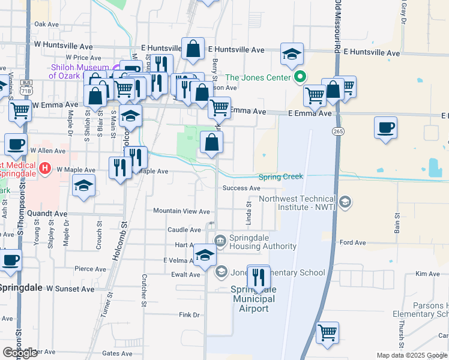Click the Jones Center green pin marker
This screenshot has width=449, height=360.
pyautogui.click(x=300, y=77)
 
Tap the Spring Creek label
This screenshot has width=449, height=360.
pyautogui.click(x=280, y=177)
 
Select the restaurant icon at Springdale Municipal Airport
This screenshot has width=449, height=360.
pyautogui.click(x=259, y=277)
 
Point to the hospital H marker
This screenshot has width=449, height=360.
pyautogui.click(x=45, y=170)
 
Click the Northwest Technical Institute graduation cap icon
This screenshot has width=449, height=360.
pyautogui.click(x=345, y=202)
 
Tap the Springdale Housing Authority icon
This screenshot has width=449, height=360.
pyautogui.click(x=220, y=241)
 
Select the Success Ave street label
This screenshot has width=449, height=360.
pyautogui.click(x=241, y=188)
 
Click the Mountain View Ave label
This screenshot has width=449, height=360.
pyautogui.click(x=181, y=211)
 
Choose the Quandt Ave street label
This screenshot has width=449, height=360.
pyautogui.click(x=47, y=213)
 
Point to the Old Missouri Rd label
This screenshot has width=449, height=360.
pyautogui.click(x=337, y=27)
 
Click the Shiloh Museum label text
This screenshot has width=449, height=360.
pyautogui.click(x=79, y=71)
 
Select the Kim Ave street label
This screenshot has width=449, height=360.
pyautogui.click(x=427, y=274)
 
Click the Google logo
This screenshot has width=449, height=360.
pyautogui.click(x=20, y=353)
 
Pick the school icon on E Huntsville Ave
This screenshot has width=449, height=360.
pyautogui.click(x=292, y=54)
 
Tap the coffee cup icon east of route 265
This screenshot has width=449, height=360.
pyautogui.click(x=385, y=128)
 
